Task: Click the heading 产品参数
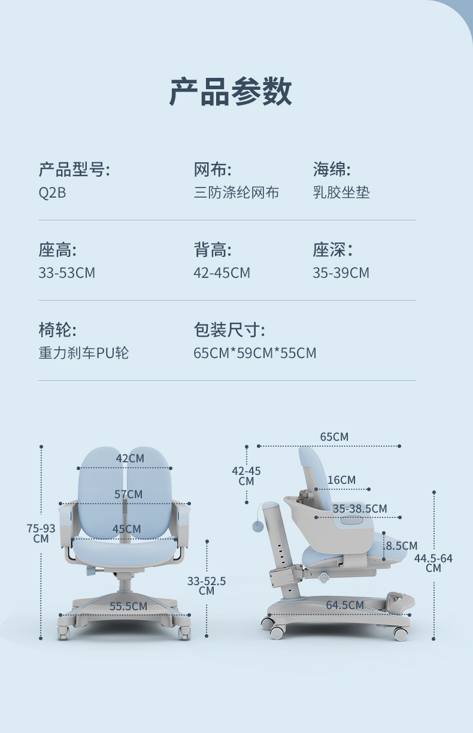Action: coord(231,92)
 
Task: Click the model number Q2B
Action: coord(52,193)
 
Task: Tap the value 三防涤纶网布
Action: coord(236,193)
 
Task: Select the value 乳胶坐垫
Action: coord(341,193)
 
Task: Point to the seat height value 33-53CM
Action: coord(66,273)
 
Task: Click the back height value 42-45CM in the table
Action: coord(222,273)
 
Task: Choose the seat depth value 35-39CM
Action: coord(341,273)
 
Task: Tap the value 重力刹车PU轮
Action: coord(83,353)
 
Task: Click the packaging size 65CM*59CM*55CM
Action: coord(254,353)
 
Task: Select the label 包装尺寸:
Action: coord(229,329)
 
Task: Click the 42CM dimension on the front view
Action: coord(130,459)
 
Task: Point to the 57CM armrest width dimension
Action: coord(129,495)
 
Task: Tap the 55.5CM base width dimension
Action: coord(128,607)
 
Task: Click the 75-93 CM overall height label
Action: coord(41,533)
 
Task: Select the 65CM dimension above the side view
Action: coord(333,437)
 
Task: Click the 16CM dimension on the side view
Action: coord(341,480)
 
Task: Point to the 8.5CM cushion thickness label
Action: coord(401,546)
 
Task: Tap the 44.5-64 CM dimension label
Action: coord(433,563)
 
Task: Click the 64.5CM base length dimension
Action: coord(344,605)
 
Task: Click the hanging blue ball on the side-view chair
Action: coord(258,526)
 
